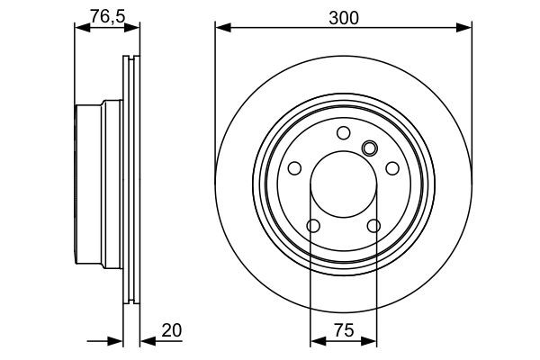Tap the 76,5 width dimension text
108,13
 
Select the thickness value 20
173,330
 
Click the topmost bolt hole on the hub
343,133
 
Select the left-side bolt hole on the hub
294,168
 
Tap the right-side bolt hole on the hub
391,168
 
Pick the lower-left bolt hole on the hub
313,225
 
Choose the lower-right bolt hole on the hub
373,225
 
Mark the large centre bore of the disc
343,184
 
